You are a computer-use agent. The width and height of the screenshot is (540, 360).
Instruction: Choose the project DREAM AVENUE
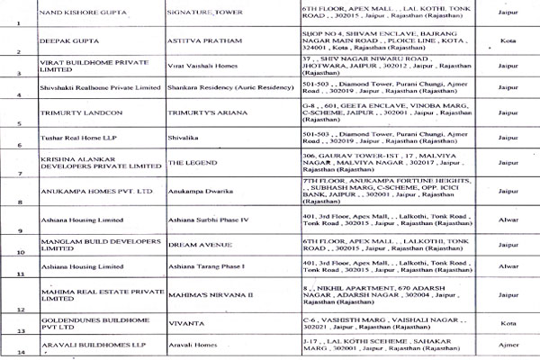(202, 242)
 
